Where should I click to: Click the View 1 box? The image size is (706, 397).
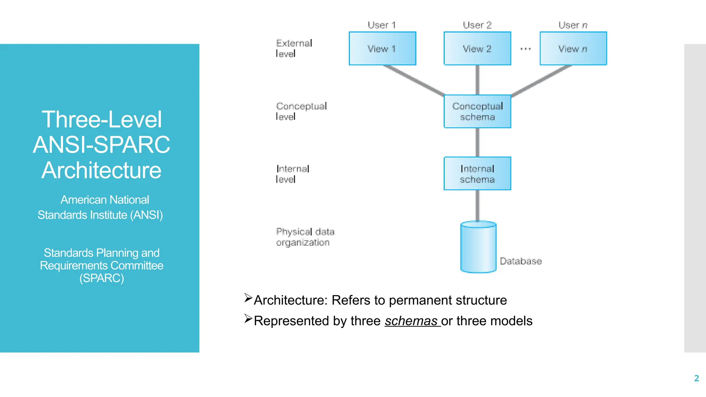point(382,49)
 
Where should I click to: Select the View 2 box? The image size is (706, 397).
point(477,49)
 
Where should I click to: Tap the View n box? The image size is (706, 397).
point(573,49)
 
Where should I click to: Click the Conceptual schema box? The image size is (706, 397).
point(477,111)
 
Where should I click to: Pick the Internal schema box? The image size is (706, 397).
point(477,174)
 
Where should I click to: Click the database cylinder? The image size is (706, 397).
point(478,247)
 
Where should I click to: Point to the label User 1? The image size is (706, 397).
point(382,25)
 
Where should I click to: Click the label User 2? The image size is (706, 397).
point(477,25)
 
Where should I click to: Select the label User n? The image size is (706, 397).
point(573,25)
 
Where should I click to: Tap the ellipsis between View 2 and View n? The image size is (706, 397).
point(525,49)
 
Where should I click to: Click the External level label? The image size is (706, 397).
point(294,48)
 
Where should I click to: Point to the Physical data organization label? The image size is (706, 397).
point(305,237)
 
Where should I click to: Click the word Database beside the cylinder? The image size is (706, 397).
point(521,261)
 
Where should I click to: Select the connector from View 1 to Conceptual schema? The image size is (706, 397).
point(414,80)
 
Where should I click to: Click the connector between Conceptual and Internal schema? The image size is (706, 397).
point(477,142)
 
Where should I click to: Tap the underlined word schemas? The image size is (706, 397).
point(411,321)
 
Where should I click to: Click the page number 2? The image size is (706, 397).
point(696,378)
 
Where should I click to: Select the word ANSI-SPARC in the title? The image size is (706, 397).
point(101,145)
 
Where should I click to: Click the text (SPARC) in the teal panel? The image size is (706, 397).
point(101,278)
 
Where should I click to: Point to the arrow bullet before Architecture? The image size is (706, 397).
point(248,298)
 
